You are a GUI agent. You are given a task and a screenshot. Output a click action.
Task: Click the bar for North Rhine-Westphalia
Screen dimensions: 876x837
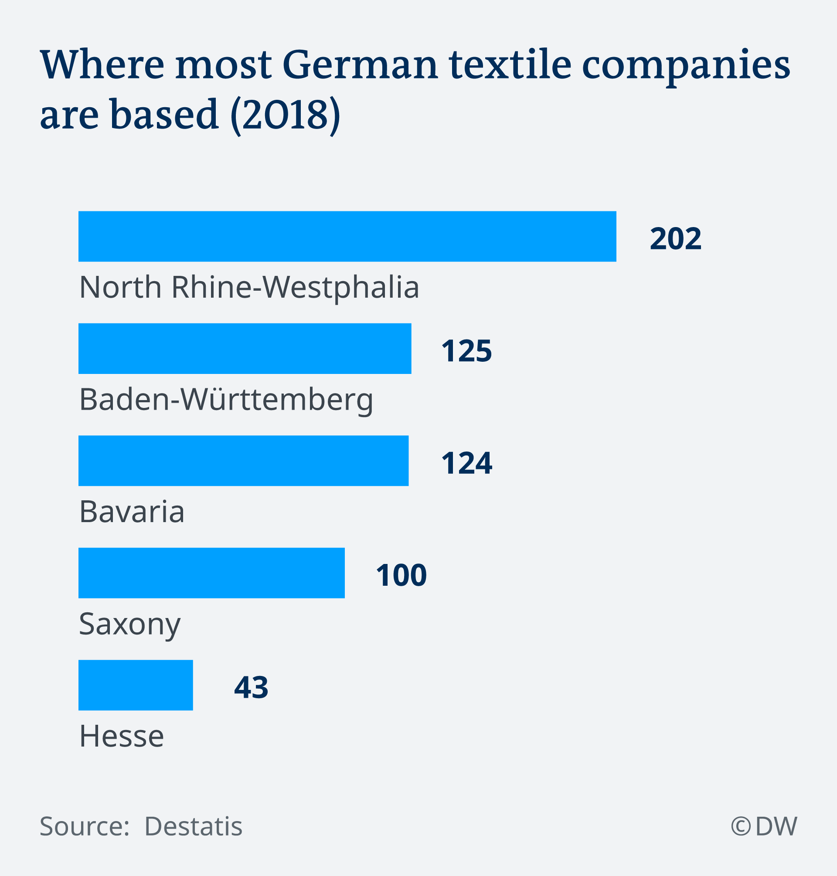click(x=347, y=236)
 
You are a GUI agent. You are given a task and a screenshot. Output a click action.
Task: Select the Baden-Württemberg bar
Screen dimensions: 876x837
click(x=245, y=348)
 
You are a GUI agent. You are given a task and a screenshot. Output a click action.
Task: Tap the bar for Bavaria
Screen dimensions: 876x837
click(x=243, y=460)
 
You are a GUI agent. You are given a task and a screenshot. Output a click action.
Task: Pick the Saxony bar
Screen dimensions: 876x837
click(x=211, y=573)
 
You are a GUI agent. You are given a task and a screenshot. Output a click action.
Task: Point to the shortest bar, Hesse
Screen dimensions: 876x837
click(x=136, y=685)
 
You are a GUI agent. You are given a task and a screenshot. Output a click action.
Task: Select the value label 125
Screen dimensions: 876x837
click(x=466, y=350)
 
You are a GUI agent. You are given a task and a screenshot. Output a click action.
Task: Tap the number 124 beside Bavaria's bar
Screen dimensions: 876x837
click(x=466, y=463)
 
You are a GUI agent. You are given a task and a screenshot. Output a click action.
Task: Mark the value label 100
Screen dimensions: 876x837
click(x=401, y=575)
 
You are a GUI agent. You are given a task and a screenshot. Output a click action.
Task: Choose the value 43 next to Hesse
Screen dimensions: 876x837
click(x=251, y=687)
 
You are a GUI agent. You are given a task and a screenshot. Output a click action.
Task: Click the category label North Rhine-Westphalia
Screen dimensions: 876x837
click(x=249, y=287)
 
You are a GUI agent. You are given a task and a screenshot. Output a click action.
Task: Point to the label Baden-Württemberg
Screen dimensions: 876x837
click(x=226, y=400)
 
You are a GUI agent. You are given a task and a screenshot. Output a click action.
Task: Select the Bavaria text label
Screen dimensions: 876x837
click(x=132, y=512)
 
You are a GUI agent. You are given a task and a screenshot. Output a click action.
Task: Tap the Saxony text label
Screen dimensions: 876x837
click(x=129, y=625)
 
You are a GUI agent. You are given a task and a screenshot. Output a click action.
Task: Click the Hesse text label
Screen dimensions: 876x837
click(x=121, y=736)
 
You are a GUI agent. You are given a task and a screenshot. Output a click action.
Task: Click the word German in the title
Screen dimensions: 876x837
click(x=361, y=65)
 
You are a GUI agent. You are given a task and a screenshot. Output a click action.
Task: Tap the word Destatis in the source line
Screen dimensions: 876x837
click(x=193, y=826)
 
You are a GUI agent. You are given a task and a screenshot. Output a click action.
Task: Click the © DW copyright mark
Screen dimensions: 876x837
click(x=763, y=826)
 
